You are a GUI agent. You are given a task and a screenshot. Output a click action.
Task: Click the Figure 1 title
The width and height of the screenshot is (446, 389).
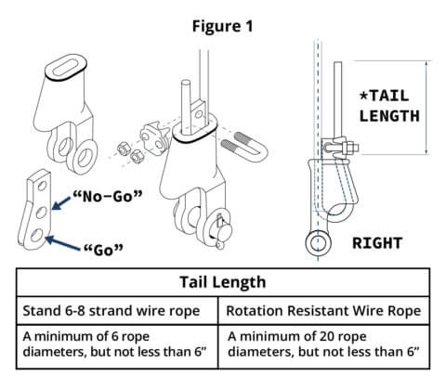pyautogui.click(x=222, y=24)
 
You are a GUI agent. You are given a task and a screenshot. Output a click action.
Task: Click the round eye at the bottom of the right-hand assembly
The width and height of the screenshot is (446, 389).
pyautogui.click(x=318, y=243)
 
